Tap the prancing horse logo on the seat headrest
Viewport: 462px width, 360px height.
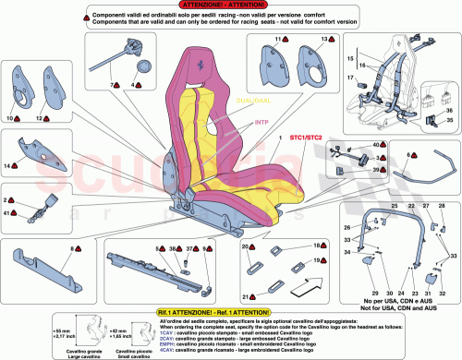tap(207, 66)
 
